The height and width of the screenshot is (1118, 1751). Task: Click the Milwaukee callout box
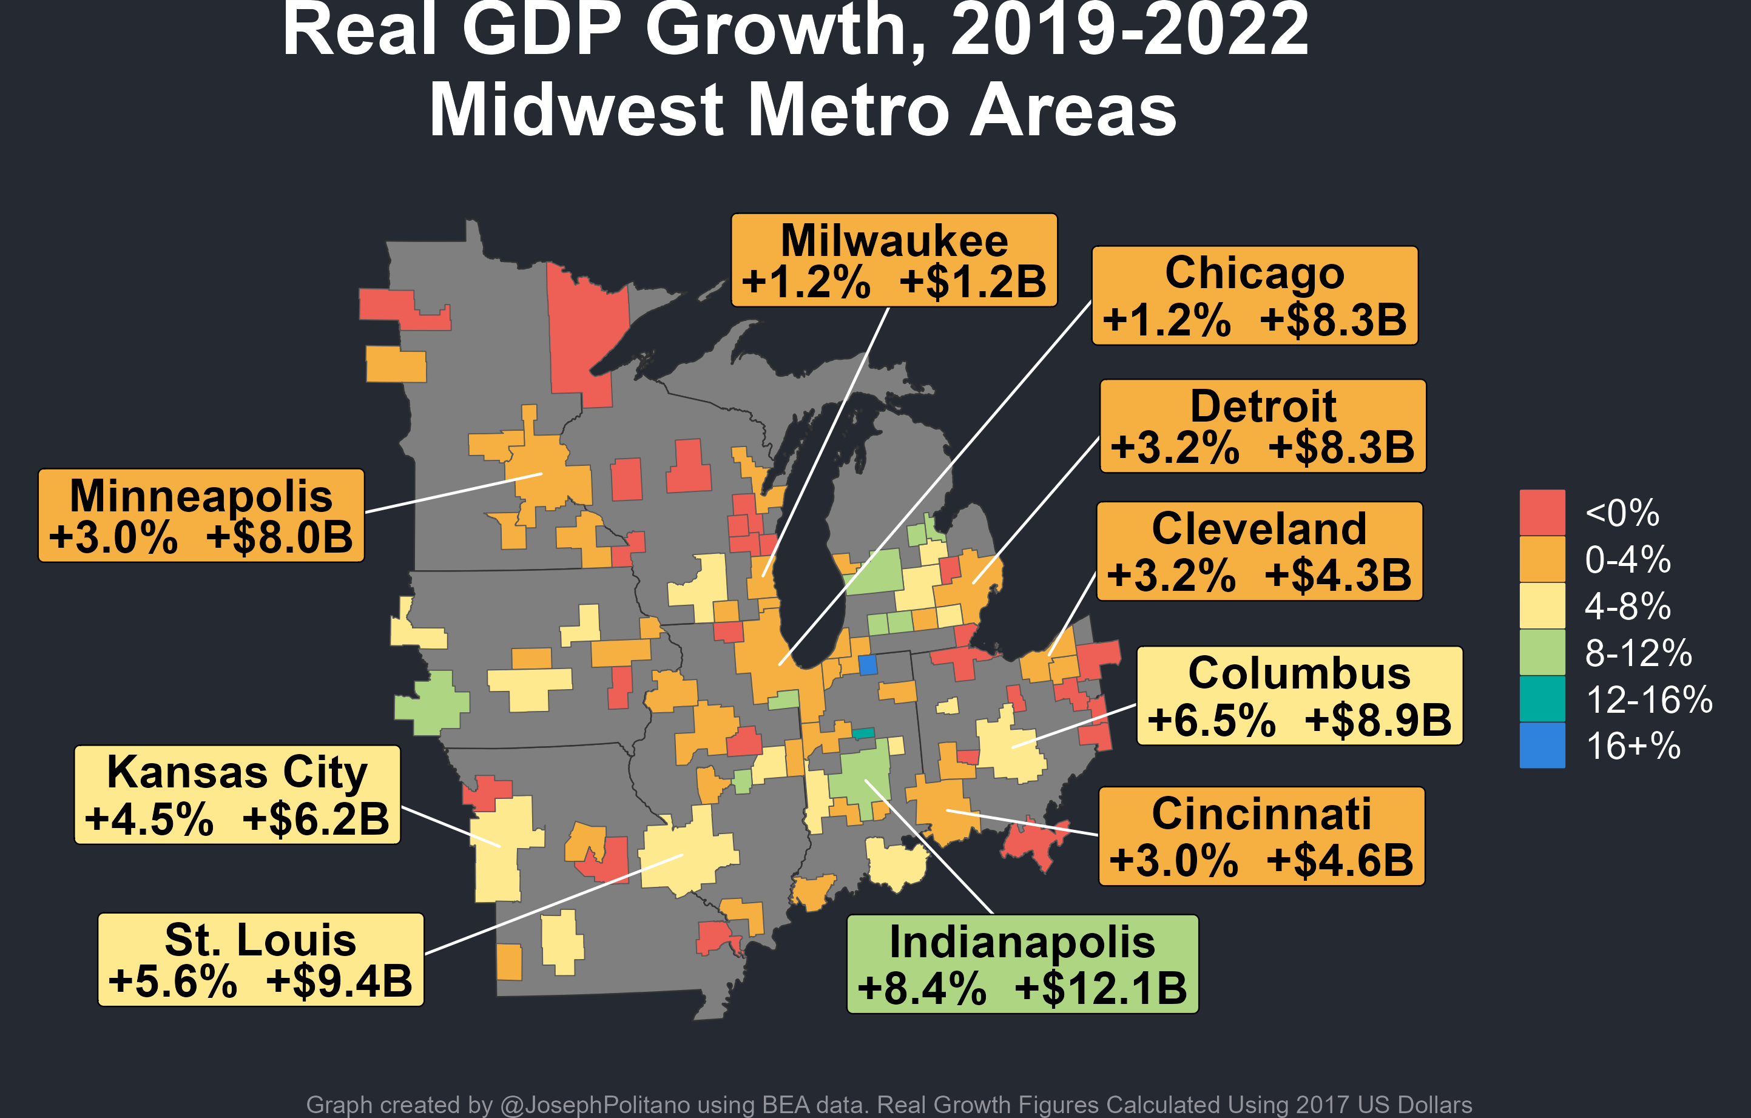(x=894, y=260)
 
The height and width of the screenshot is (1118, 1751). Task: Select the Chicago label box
(x=1254, y=296)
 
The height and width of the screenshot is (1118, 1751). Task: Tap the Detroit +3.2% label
(x=1263, y=426)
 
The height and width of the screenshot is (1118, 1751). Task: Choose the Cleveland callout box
(x=1259, y=551)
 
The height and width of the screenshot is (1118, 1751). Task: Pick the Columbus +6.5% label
(x=1300, y=696)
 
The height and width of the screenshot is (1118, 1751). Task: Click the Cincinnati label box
(x=1261, y=836)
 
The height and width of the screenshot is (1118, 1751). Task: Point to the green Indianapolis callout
(x=1022, y=964)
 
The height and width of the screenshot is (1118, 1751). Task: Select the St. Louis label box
(x=260, y=960)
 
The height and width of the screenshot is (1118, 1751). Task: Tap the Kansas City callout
(x=237, y=795)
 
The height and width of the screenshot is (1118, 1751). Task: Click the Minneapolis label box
(x=201, y=516)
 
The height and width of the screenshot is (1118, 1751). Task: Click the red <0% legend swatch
(x=1542, y=513)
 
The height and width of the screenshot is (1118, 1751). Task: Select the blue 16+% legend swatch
(x=1542, y=745)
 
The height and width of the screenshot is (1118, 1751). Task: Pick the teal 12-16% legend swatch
(x=1542, y=699)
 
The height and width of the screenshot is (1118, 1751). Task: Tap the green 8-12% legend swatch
(x=1542, y=652)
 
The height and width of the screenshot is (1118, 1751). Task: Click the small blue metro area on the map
(x=868, y=664)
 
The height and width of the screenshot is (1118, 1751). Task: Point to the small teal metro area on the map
(x=863, y=733)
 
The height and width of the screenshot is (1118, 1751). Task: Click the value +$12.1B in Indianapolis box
(x=1100, y=989)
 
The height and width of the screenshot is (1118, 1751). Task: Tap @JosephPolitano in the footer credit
(x=595, y=1105)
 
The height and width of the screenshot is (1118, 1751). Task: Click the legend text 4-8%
(x=1627, y=606)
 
